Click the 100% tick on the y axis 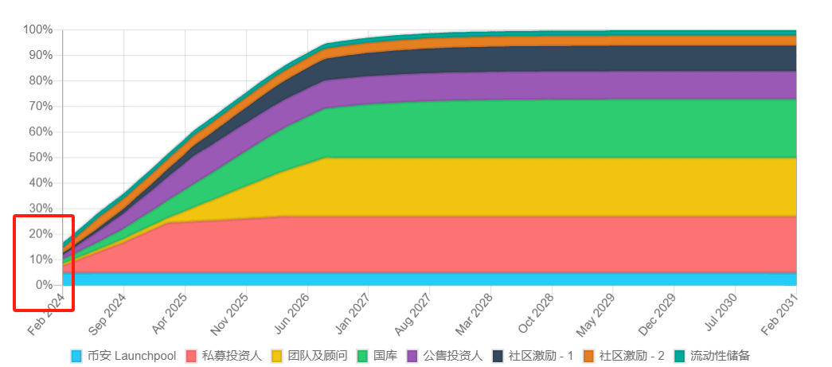tap(37, 30)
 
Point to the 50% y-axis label tap(40, 158)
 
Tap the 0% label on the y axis tap(43, 285)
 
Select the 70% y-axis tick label tap(40, 107)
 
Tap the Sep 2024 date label tap(108, 314)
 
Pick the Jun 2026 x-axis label tap(292, 314)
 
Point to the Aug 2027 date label tap(414, 314)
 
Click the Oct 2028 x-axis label tap(537, 314)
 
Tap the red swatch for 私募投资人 tap(191, 356)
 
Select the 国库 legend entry tap(385, 356)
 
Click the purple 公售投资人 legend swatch tap(412, 356)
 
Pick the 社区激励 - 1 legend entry tap(541, 356)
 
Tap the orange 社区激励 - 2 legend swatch tap(589, 356)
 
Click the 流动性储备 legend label tap(720, 356)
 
